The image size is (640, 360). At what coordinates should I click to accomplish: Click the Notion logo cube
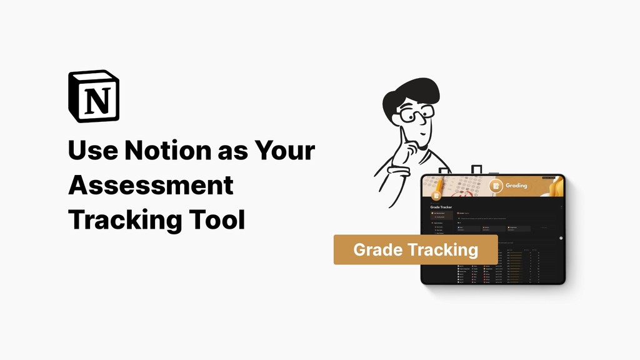(x=94, y=96)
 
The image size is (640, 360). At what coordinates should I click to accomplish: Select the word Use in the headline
(x=92, y=151)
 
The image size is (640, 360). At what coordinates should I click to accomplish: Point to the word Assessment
(x=151, y=186)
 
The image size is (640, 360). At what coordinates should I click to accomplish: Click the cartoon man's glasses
(x=416, y=114)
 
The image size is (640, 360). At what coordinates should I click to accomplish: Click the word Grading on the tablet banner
(x=517, y=185)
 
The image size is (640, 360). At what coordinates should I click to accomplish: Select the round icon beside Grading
(x=496, y=186)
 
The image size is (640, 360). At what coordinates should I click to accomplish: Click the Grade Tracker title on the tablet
(x=441, y=207)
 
